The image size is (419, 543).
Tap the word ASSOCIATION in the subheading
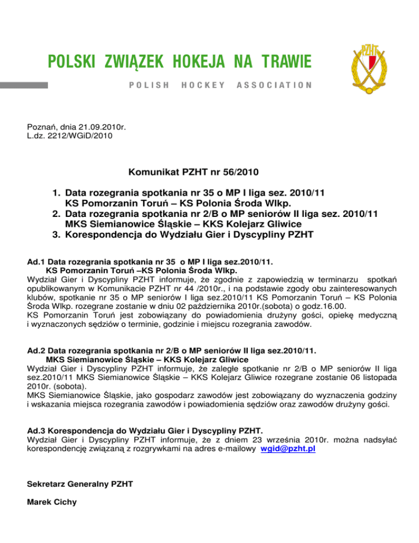coord(274,86)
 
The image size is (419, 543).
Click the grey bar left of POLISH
coord(24,86)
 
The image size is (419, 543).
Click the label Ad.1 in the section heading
coord(36,262)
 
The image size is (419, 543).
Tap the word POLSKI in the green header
coord(68,62)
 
